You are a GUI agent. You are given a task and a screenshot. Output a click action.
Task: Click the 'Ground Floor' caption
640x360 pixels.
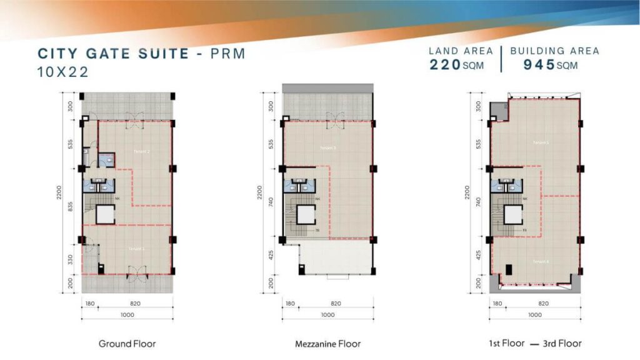tap(127, 344)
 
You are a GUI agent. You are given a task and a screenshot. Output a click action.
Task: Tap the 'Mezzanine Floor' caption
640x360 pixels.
tap(327, 344)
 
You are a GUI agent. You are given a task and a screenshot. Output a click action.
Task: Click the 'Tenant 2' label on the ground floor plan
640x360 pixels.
tap(141, 151)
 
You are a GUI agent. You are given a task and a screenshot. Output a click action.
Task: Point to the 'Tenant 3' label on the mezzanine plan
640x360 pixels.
tap(327, 148)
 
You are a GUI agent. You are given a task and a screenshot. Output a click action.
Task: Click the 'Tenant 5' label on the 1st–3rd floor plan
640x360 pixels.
tap(541, 142)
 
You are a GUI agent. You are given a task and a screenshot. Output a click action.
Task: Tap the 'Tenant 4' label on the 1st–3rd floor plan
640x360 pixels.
tap(541, 261)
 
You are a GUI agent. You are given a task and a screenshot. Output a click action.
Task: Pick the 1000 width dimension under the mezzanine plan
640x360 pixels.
tap(327, 315)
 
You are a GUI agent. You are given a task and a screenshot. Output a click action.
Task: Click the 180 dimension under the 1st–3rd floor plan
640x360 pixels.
tap(496, 303)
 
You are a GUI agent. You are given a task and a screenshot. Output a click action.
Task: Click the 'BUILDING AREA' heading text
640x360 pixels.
tap(554, 51)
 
